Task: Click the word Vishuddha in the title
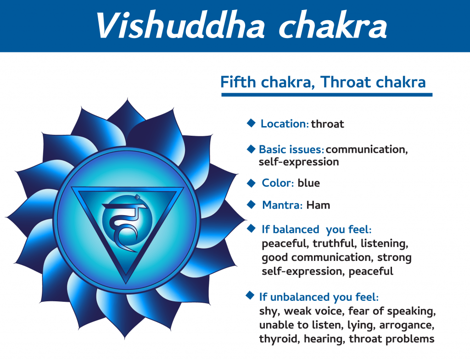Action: [180, 26]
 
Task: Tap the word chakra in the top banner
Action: [333, 26]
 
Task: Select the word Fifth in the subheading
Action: [238, 82]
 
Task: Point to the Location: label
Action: [285, 124]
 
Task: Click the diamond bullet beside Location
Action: [251, 123]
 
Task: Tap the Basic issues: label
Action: [291, 149]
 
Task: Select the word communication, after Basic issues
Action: [367, 150]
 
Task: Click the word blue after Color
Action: [308, 183]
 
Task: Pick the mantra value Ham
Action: [318, 205]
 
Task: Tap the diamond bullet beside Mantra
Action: [251, 205]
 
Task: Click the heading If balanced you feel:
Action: [317, 230]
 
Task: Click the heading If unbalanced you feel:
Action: [319, 297]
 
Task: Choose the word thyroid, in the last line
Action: [280, 339]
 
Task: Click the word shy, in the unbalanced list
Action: [270, 311]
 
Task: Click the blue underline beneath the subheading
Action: [327, 94]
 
